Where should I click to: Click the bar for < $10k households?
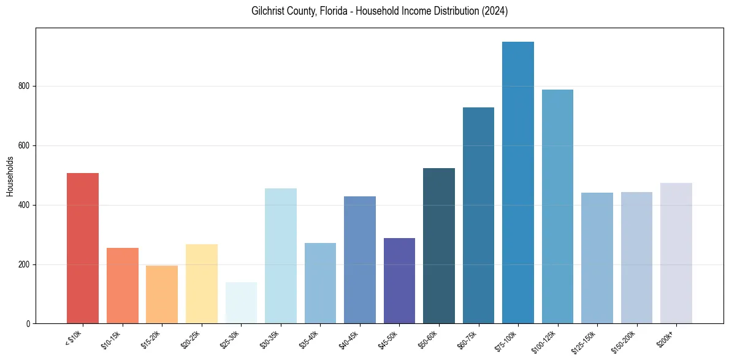(83, 248)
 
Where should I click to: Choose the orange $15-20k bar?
(162, 294)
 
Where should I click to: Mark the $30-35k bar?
(281, 255)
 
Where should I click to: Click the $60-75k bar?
(478, 215)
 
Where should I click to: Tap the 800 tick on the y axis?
(28, 87)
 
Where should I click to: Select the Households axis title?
(10, 176)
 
